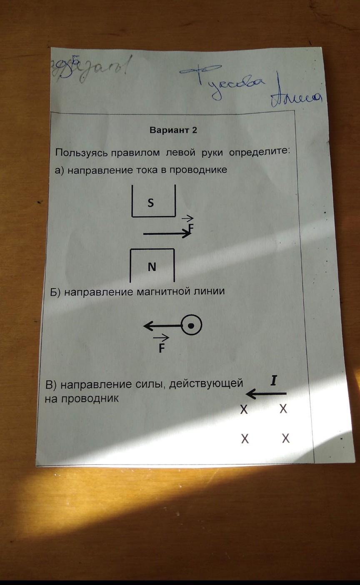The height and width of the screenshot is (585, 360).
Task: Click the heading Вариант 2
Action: pos(173,130)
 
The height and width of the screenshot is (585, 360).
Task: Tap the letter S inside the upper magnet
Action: pos(151,203)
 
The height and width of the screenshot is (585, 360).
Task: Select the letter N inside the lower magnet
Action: pos(152,267)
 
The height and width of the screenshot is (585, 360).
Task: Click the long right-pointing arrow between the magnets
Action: pos(166,234)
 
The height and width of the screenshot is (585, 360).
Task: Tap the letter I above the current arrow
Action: pos(273,381)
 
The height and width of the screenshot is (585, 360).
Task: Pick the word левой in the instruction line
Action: pos(180,152)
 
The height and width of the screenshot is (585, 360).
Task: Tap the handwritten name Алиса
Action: pos(296,98)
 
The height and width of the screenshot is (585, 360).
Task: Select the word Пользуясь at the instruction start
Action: pos(82,152)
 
